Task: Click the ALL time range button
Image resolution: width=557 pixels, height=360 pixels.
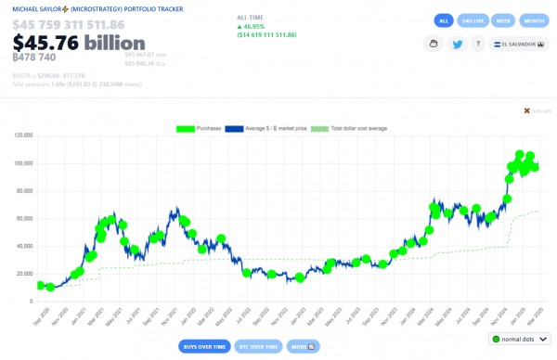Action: (444, 20)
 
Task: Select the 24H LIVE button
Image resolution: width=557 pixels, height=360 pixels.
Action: (473, 20)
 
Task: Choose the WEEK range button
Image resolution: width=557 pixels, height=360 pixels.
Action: (502, 20)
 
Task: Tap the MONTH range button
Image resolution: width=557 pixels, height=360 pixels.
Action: (533, 20)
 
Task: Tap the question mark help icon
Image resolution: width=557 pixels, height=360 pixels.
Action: (478, 44)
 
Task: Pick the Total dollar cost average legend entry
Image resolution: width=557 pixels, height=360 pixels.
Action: (357, 128)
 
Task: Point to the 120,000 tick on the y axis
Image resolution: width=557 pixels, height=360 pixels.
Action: (20, 135)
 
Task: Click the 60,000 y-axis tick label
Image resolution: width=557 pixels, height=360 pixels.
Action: (22, 218)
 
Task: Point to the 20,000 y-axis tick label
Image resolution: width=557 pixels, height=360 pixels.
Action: (22, 274)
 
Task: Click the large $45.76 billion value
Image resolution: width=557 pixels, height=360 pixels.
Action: (79, 43)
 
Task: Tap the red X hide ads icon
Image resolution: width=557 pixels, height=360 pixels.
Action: (527, 110)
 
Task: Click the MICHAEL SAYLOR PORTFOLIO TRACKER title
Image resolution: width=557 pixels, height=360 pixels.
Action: (97, 8)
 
